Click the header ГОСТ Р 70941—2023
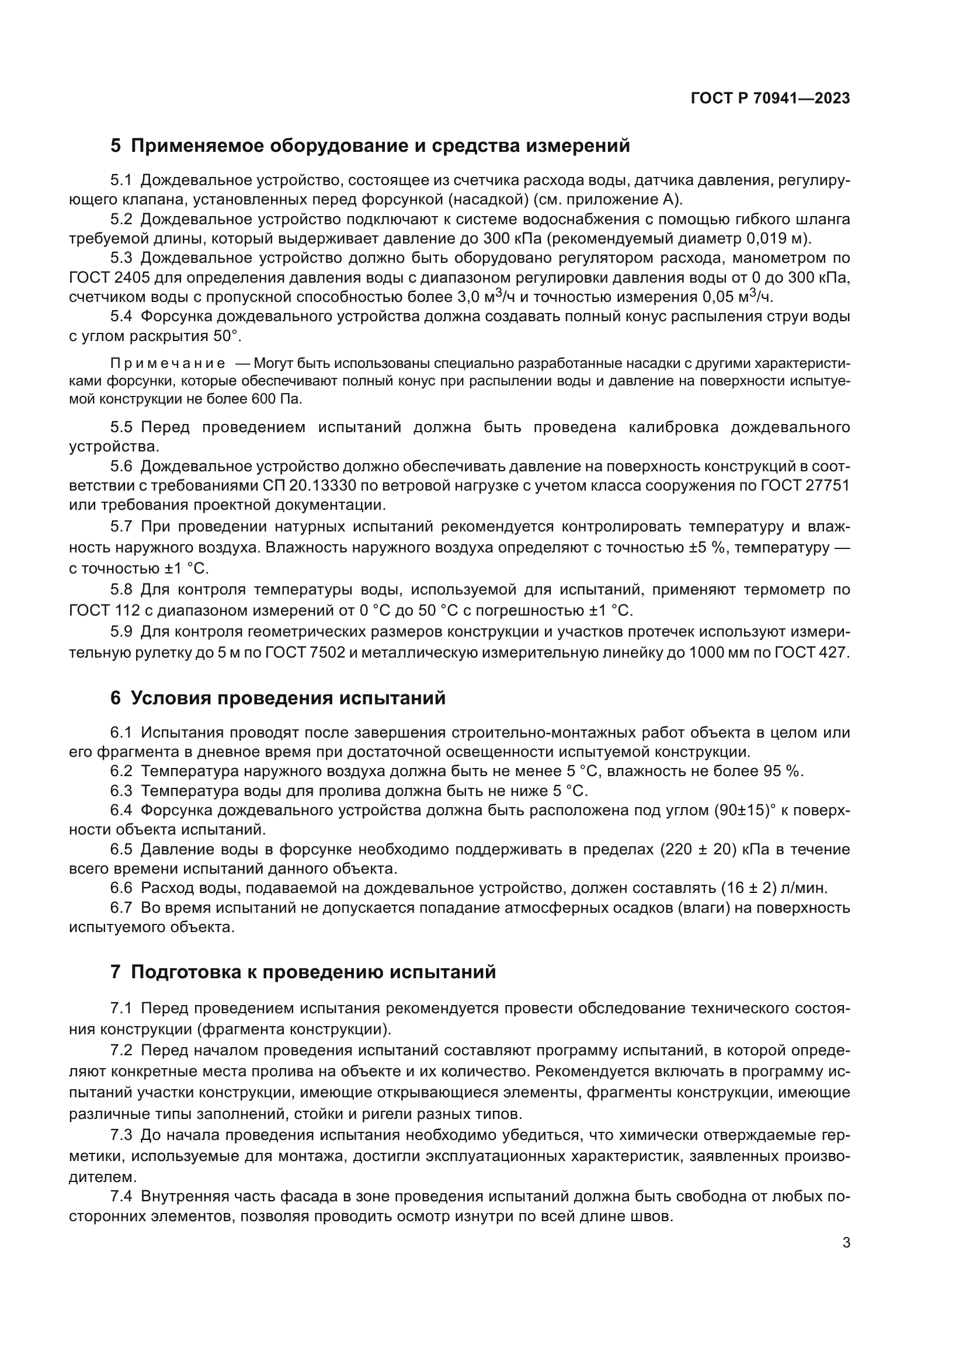click(770, 98)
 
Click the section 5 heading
click(369, 145)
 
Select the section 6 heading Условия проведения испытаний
click(278, 697)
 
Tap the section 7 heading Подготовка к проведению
click(303, 972)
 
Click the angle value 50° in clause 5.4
click(227, 336)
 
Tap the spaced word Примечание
click(168, 363)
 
